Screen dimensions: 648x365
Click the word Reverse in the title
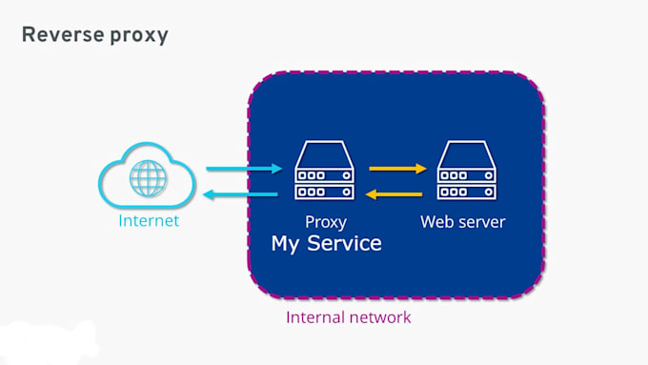[63, 34]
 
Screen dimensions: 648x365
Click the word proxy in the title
[139, 36]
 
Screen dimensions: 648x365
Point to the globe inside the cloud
[148, 178]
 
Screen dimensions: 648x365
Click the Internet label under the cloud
[149, 221]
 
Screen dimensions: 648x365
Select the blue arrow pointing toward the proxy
[244, 169]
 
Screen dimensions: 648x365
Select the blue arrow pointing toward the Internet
[241, 193]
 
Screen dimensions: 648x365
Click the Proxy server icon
[324, 171]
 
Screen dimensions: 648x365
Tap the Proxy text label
[326, 222]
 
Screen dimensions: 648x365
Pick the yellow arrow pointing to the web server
[397, 169]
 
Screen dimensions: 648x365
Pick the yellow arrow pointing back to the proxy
[395, 193]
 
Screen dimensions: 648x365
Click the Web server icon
[467, 171]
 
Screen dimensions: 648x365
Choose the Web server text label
[463, 222]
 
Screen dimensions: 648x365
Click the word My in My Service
[285, 244]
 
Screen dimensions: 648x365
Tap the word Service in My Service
[344, 243]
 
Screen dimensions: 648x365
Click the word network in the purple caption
[380, 317]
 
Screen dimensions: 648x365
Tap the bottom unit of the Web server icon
[467, 193]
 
